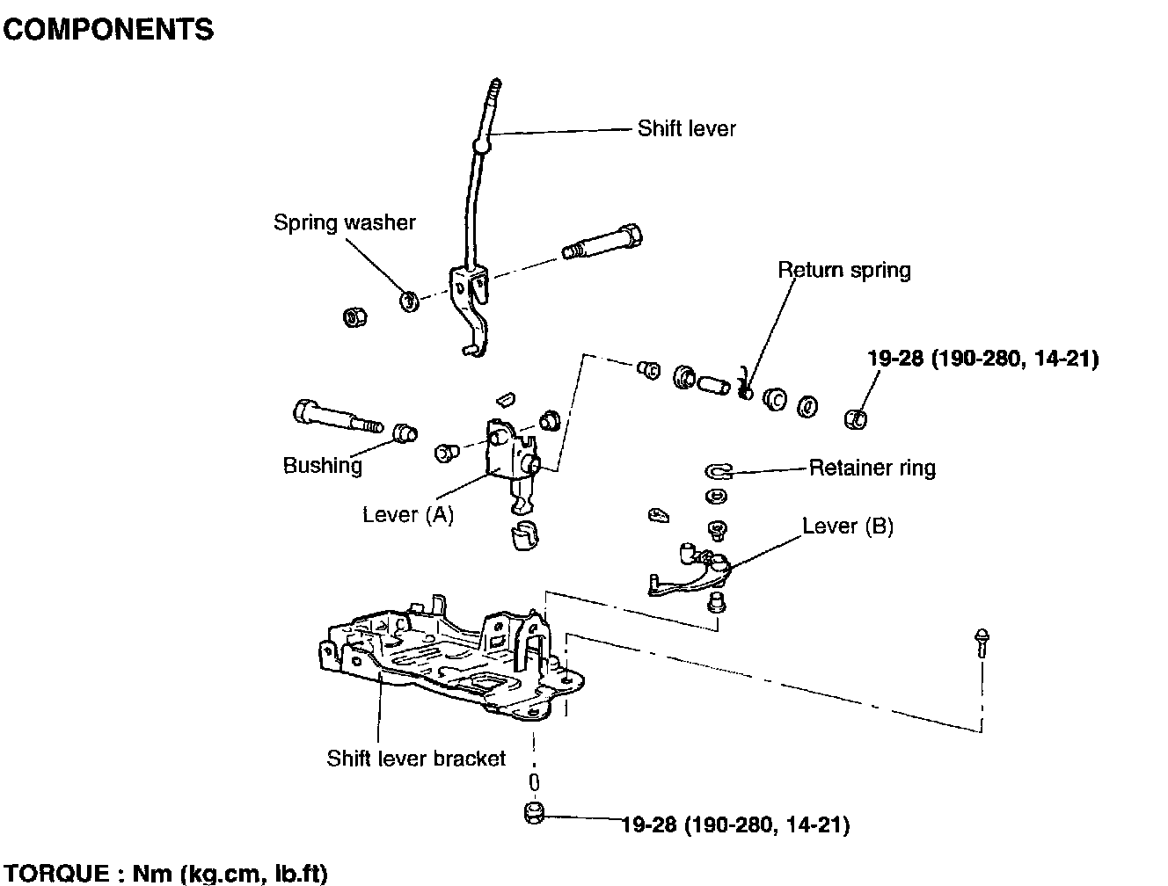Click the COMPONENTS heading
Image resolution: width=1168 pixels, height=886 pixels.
108,30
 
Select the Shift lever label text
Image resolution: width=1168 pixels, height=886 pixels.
686,128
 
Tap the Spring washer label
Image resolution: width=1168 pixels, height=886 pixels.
344,222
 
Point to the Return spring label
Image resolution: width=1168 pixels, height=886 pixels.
843,270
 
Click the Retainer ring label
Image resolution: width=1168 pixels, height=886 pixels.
872,468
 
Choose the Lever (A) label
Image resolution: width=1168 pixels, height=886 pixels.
408,514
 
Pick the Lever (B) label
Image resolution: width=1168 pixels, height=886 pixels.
847,527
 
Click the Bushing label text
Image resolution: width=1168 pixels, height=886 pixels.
322,465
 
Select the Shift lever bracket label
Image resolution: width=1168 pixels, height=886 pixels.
416,758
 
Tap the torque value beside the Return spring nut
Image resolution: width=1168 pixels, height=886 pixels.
982,359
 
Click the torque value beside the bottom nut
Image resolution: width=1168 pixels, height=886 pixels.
735,824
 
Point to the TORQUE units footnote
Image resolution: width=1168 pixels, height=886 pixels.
164,874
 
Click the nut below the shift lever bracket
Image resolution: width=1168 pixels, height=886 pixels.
534,815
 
